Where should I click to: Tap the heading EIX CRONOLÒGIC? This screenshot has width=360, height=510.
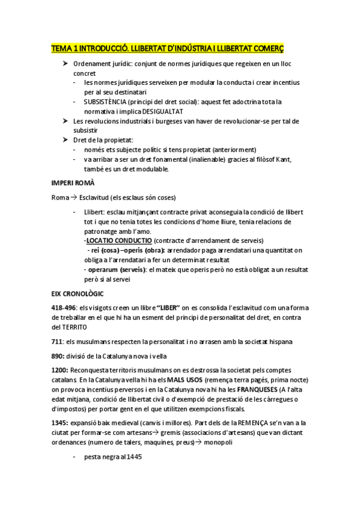pyautogui.click(x=78, y=293)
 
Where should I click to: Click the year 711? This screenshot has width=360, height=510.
pyautogui.click(x=57, y=342)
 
